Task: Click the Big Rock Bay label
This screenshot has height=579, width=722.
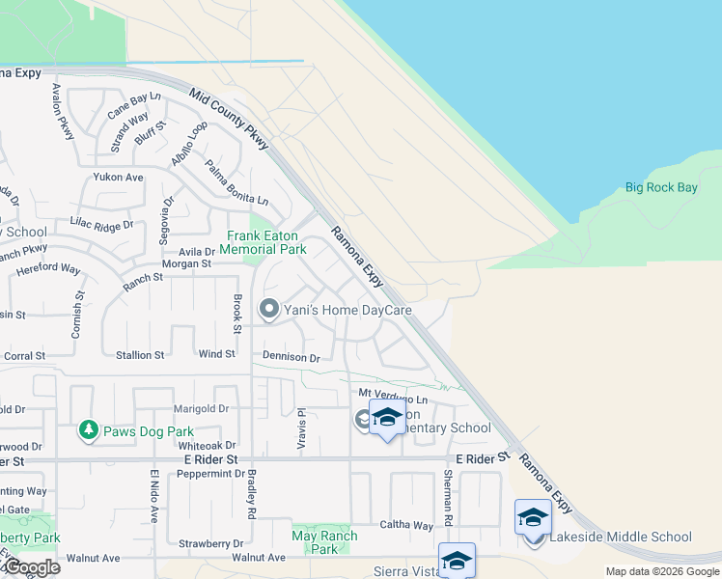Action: (661, 187)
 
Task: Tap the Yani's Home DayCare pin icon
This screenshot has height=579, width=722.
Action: (269, 310)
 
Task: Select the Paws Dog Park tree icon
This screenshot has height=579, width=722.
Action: (89, 429)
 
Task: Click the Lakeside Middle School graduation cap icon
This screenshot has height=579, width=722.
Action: (533, 518)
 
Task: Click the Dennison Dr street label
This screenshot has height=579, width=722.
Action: (291, 357)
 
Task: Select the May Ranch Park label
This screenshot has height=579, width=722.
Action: (324, 542)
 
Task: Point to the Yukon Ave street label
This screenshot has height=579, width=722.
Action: (118, 178)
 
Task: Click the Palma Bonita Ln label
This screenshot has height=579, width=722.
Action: (236, 182)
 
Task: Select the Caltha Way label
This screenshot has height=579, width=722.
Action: (410, 526)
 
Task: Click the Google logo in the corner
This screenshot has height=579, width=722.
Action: (31, 566)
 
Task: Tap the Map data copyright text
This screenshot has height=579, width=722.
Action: (662, 571)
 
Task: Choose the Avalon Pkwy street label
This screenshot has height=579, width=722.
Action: (63, 111)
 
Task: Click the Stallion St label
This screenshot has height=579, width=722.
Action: (140, 355)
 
